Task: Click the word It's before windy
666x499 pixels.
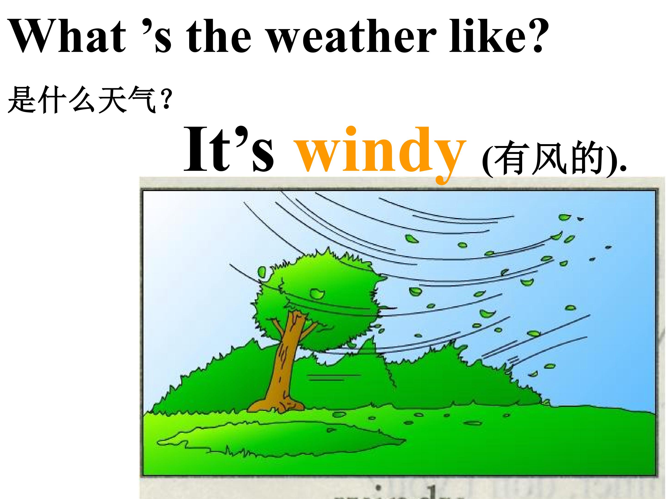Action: pos(229,149)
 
